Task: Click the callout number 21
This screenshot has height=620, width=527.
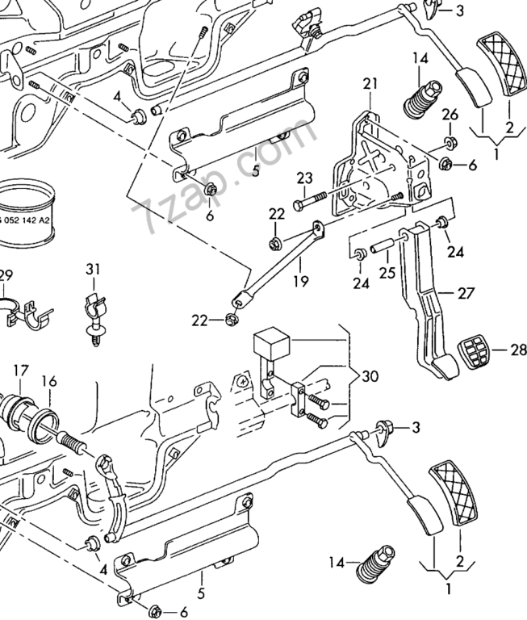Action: pyautogui.click(x=370, y=84)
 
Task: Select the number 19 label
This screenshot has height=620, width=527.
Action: pyautogui.click(x=300, y=282)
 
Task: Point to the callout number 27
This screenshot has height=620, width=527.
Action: pyautogui.click(x=466, y=294)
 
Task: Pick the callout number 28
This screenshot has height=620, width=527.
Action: pyautogui.click(x=517, y=350)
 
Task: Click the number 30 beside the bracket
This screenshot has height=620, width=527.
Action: pyautogui.click(x=370, y=376)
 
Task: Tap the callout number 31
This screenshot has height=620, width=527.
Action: pyautogui.click(x=94, y=269)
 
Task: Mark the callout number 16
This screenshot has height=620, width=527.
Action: pyautogui.click(x=49, y=381)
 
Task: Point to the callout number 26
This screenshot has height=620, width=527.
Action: pyautogui.click(x=450, y=113)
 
